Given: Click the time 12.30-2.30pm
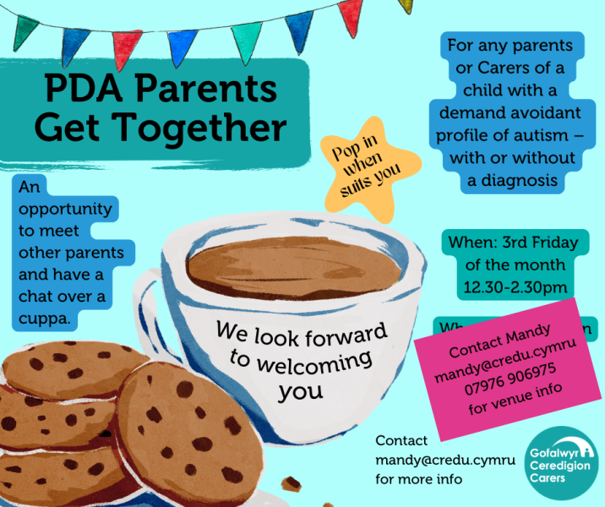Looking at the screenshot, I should pyautogui.click(x=514, y=288).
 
